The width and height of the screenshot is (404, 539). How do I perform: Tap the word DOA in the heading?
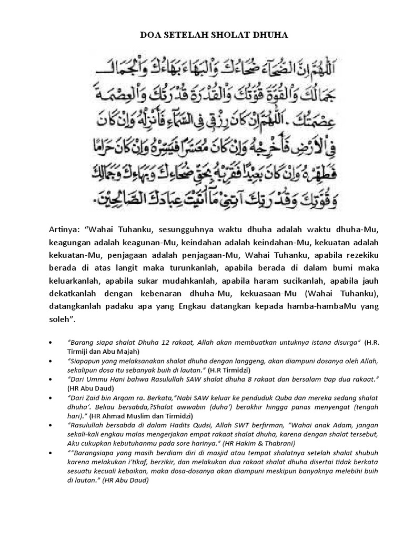[149, 35]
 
